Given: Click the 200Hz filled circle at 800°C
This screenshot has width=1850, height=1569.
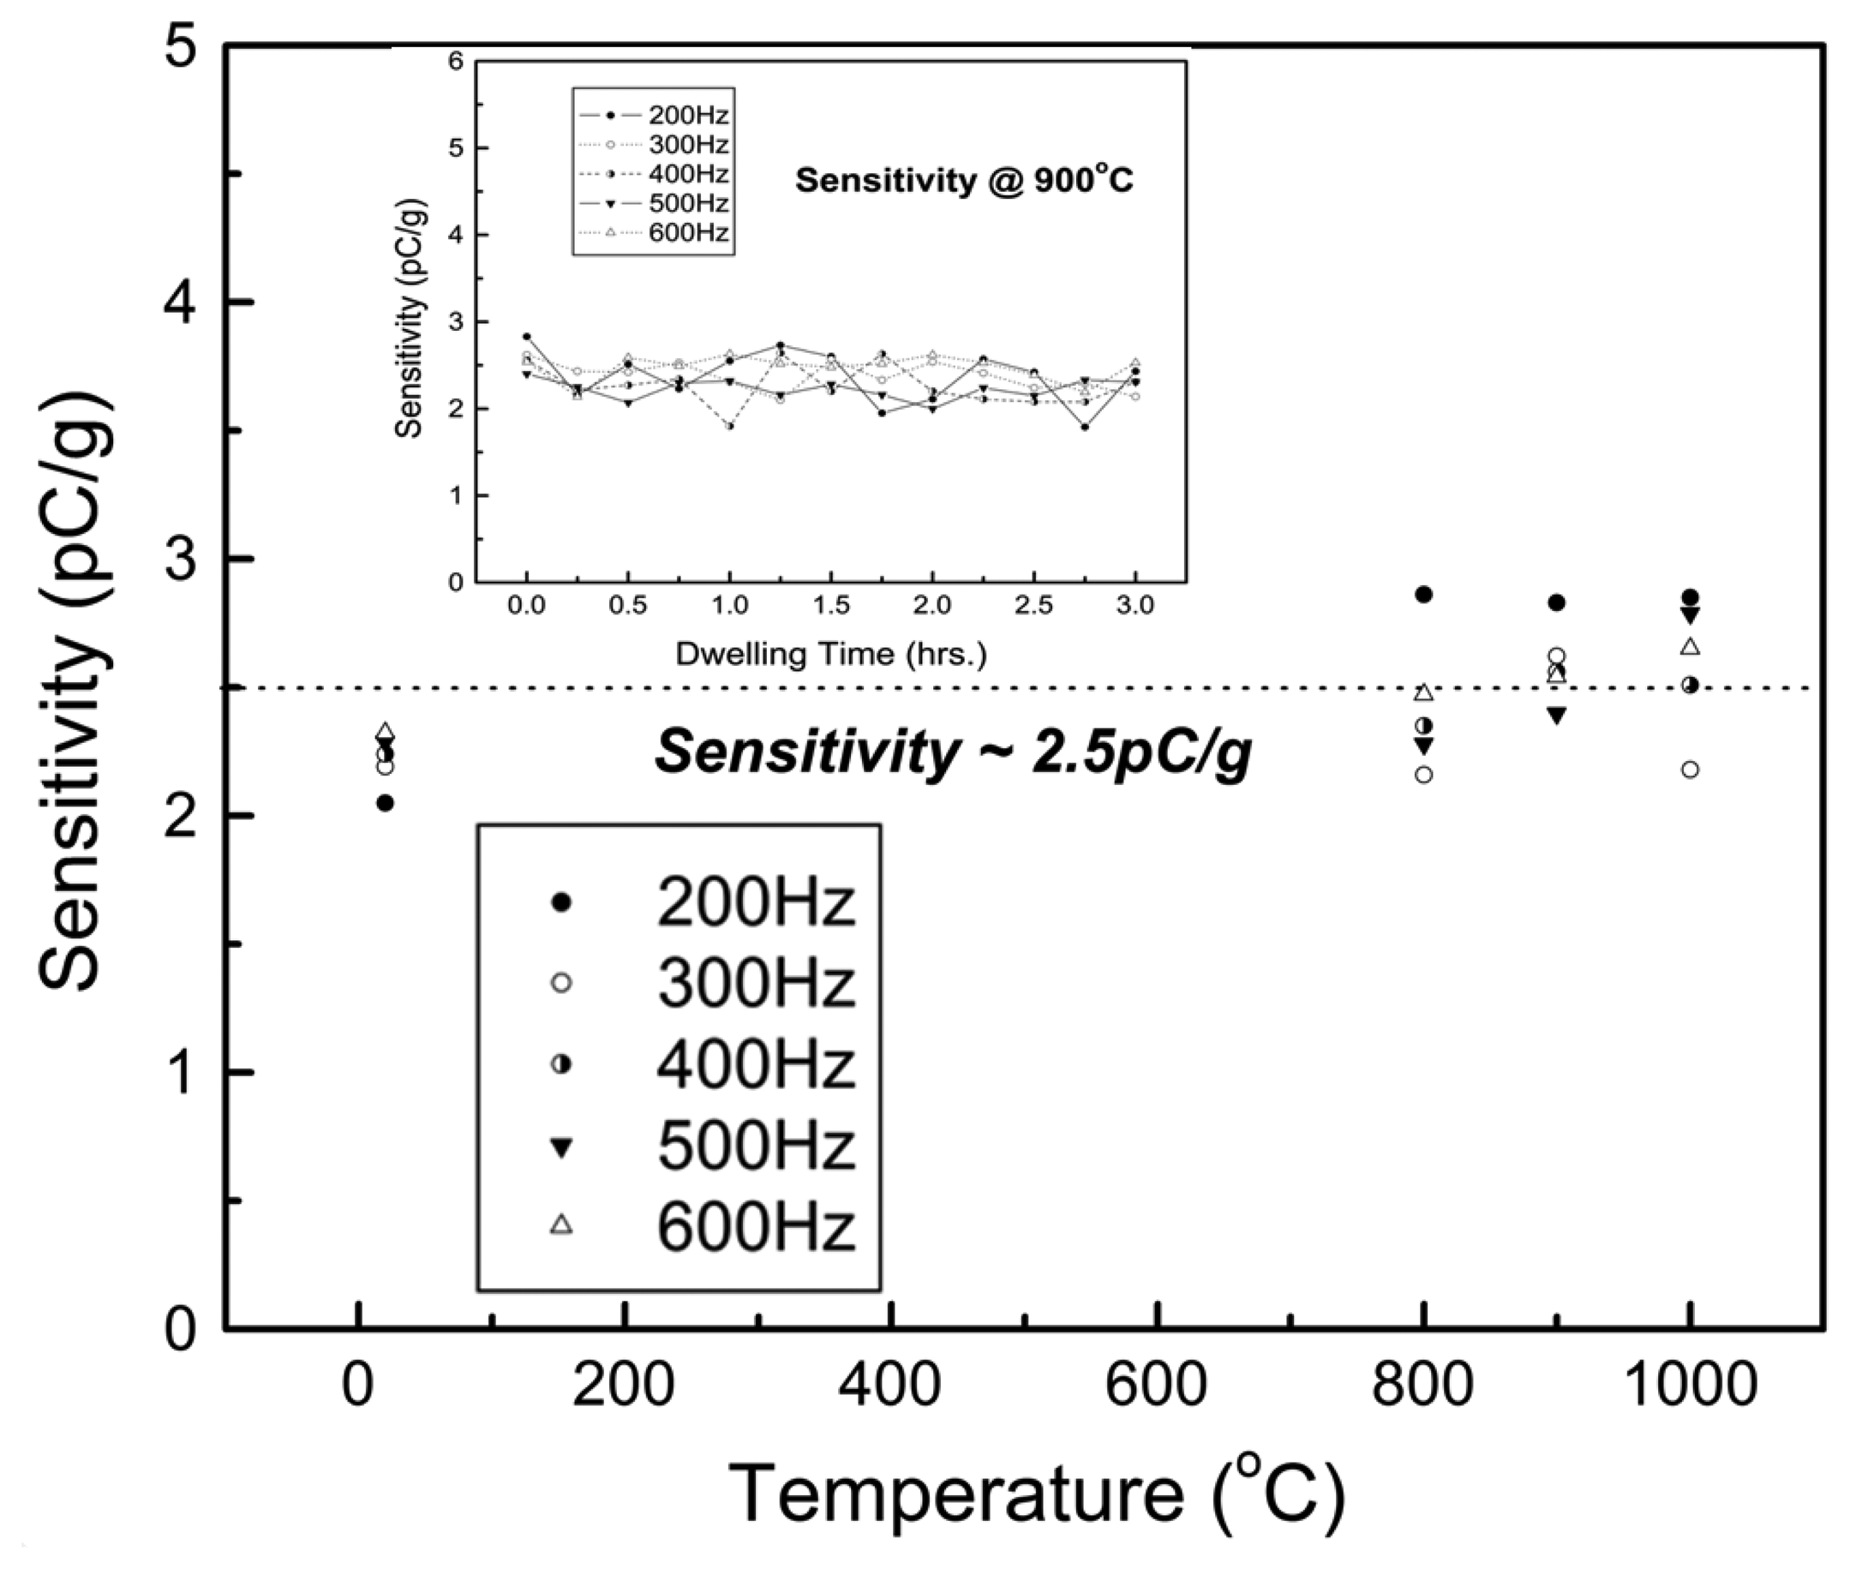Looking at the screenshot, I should pyautogui.click(x=1423, y=594).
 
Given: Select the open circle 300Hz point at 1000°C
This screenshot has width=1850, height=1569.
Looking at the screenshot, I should pyautogui.click(x=1690, y=770).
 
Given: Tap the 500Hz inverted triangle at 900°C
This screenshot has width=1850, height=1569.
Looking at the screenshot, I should pyautogui.click(x=1556, y=716).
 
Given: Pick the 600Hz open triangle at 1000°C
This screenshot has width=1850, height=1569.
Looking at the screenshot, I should pyautogui.click(x=1690, y=647).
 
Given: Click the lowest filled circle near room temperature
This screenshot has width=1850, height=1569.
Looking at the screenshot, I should pyautogui.click(x=385, y=803).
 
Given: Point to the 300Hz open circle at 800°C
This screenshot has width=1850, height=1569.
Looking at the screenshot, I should pyautogui.click(x=1423, y=775).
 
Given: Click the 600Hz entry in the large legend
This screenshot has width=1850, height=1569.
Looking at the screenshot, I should pyautogui.click(x=754, y=1226).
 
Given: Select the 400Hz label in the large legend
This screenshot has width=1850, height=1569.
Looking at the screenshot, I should pyautogui.click(x=754, y=1064).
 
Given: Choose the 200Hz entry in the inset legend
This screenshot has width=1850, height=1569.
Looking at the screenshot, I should pyautogui.click(x=687, y=116).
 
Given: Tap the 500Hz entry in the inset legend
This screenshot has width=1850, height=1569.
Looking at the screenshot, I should pyautogui.click(x=687, y=204).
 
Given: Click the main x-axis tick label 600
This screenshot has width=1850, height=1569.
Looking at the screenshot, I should pyautogui.click(x=1156, y=1386).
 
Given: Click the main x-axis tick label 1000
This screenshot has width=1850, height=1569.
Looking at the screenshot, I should pyautogui.click(x=1690, y=1386).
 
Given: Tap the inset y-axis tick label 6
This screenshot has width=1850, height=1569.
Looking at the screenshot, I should pyautogui.click(x=455, y=62).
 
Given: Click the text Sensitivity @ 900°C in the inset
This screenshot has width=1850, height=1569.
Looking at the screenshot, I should pyautogui.click(x=964, y=181).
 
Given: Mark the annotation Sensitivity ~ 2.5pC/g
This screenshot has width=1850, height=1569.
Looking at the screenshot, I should pyautogui.click(x=953, y=752).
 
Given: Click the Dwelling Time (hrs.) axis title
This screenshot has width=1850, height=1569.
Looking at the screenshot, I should pyautogui.click(x=830, y=654).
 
